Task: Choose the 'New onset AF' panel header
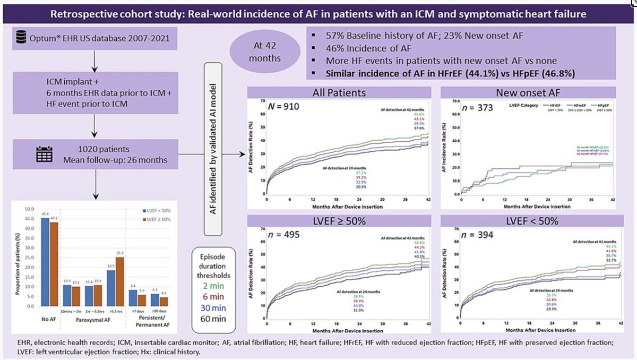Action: (x=528, y=92)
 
